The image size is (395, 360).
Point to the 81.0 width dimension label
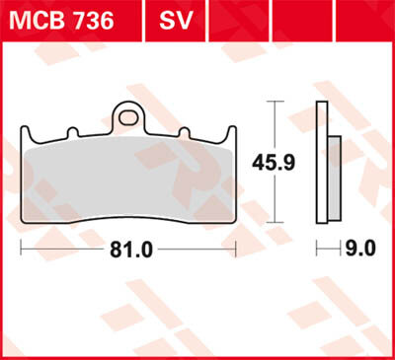(131, 250)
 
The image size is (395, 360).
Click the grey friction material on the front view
(128, 178)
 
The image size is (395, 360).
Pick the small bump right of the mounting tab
(183, 132)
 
